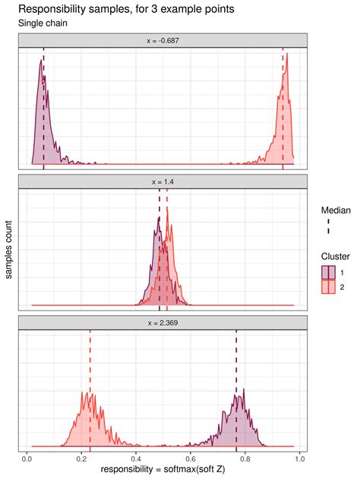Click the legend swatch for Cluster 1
[x=329, y=271]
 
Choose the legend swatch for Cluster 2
[x=329, y=286]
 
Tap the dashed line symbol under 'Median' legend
[x=329, y=225]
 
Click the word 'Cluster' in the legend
[x=335, y=256]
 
